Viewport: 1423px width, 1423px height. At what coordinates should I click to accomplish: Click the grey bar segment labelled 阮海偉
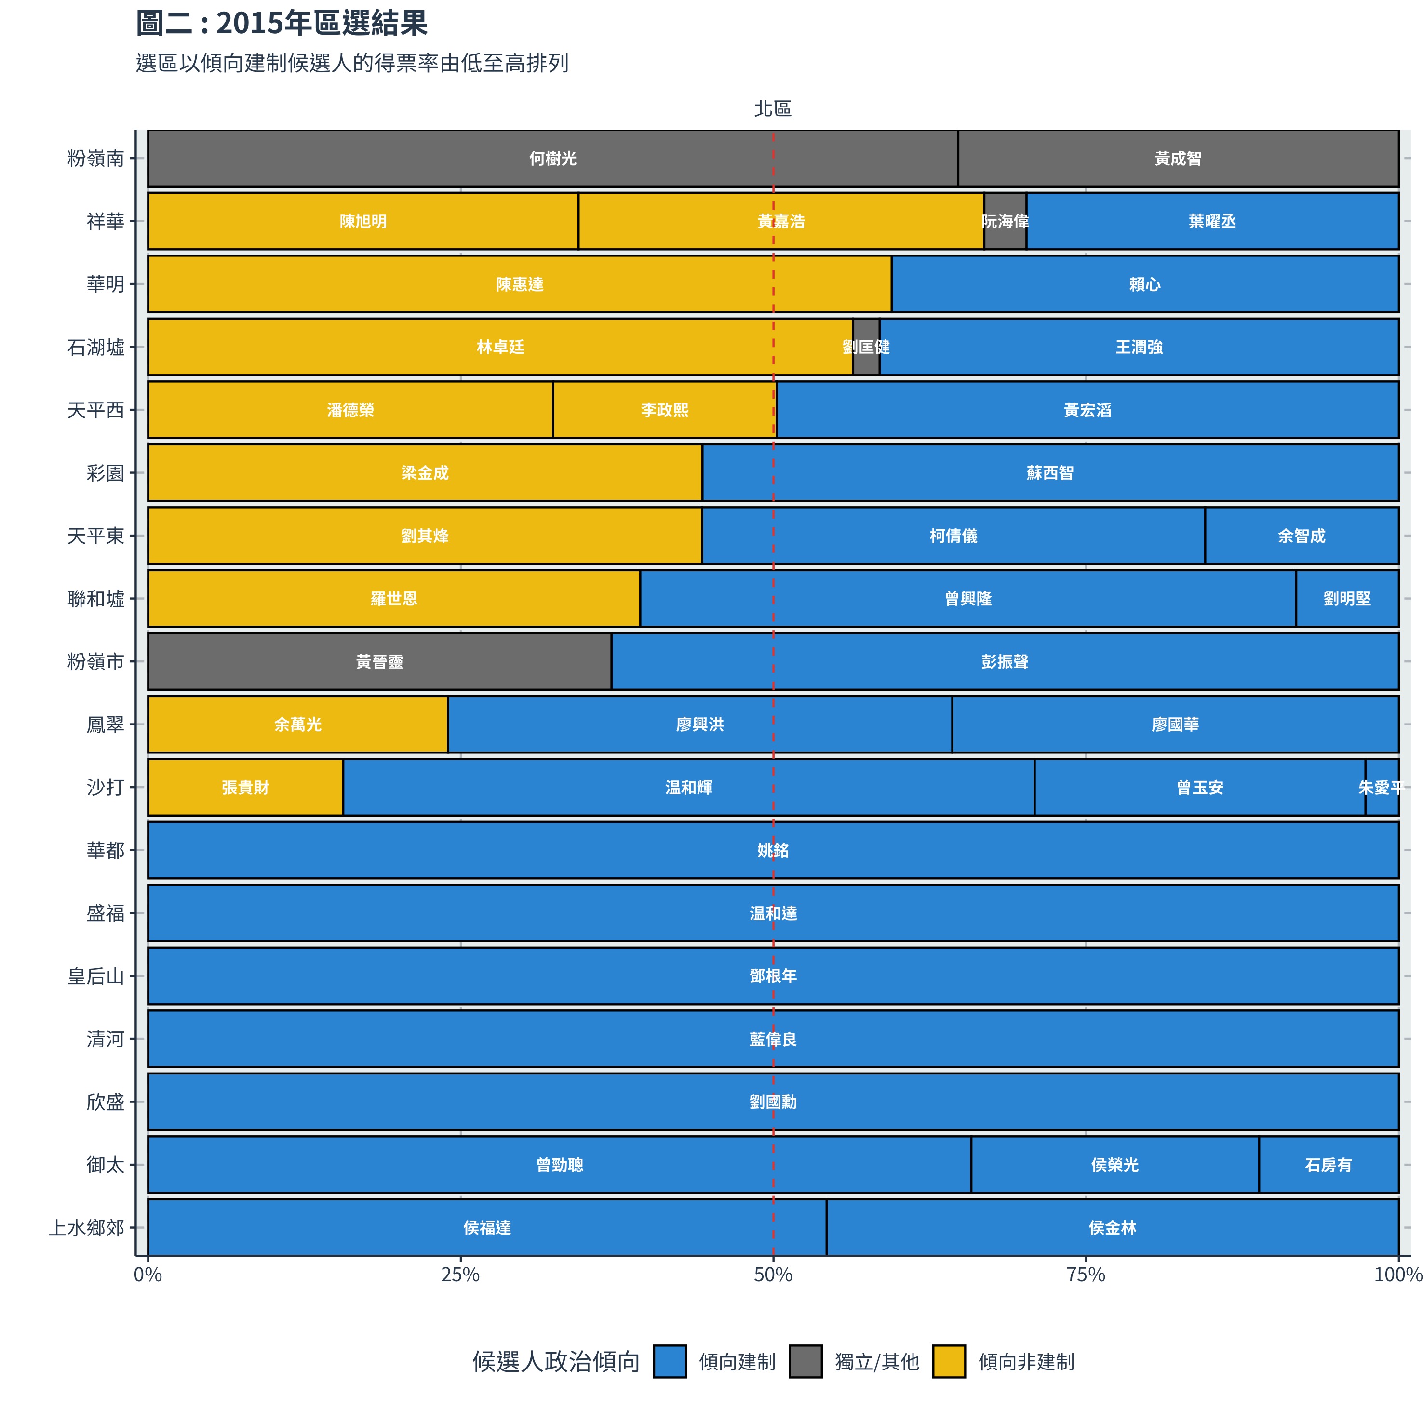point(1005,221)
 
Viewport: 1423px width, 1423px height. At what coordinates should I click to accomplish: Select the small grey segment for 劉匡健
point(866,347)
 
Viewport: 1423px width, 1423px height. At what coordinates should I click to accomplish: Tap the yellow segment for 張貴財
point(245,787)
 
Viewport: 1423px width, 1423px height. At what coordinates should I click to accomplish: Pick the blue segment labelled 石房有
point(1328,1165)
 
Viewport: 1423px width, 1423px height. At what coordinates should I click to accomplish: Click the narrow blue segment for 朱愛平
point(1381,787)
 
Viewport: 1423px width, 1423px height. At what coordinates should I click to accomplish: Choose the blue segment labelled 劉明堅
point(1346,598)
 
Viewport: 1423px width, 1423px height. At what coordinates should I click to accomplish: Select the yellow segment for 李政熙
point(664,410)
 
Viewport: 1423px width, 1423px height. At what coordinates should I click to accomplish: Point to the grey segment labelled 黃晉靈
point(379,661)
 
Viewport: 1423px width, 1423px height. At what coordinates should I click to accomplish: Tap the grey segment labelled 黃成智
point(1177,159)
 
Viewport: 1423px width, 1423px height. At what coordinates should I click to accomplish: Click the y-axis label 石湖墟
point(96,347)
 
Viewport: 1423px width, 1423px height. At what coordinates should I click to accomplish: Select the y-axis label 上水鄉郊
point(86,1228)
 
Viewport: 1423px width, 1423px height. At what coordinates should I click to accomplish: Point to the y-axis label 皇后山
point(96,976)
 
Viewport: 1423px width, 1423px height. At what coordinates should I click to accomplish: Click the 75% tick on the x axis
point(1086,1275)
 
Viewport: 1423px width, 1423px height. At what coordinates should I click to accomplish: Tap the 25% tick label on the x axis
point(460,1275)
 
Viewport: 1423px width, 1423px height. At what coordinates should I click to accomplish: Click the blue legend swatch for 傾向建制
point(670,1361)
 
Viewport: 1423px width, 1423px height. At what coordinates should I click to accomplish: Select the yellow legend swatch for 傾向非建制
point(949,1361)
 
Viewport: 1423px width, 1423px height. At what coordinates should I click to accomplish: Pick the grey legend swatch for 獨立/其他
point(805,1361)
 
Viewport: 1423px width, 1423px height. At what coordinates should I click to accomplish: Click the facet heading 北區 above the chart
point(773,109)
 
